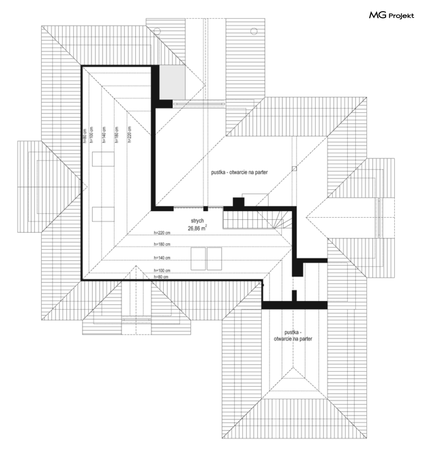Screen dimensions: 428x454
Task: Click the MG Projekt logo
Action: pos(391,15)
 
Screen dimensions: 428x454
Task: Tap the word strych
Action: pos(197,221)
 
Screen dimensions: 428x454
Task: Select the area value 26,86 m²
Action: pos(197,228)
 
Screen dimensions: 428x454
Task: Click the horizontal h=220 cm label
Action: pos(162,233)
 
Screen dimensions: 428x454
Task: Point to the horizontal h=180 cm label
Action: pos(162,244)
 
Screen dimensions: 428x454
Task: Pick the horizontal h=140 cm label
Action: pos(162,258)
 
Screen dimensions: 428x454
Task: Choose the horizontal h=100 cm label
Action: pos(162,270)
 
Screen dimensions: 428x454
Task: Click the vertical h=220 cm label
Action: pos(129,134)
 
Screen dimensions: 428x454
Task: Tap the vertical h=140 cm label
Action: pos(104,135)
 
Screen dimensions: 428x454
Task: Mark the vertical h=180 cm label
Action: pos(117,135)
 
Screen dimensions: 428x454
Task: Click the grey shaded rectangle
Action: pos(172,82)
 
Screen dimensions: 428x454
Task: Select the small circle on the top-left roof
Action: pos(157,31)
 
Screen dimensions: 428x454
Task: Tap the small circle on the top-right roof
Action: pos(253,31)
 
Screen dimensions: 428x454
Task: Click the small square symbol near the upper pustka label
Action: pos(294,169)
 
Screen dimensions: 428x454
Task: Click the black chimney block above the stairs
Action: pos(239,202)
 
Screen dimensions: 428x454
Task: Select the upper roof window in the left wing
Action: pos(103,159)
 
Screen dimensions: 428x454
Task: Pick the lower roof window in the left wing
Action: pos(103,214)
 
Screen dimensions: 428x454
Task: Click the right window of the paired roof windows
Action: pos(215,258)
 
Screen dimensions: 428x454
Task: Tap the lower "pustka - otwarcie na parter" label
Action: pos(293,336)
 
